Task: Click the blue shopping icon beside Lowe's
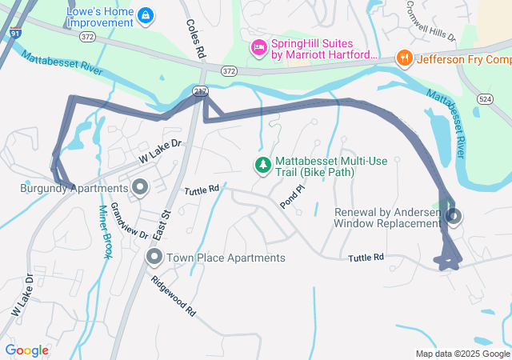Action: coord(145,15)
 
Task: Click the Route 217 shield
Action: coord(199,92)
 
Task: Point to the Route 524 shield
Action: coord(485,98)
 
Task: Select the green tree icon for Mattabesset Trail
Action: coord(262,166)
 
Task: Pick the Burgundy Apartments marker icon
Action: coord(141,189)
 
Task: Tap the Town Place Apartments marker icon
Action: coord(154,258)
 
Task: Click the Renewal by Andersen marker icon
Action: coord(454,216)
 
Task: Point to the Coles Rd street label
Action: coord(194,39)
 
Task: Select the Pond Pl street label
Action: coord(293,197)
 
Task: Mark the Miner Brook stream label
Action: coord(104,232)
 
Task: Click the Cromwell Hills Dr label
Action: coord(430,26)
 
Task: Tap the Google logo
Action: coord(26,350)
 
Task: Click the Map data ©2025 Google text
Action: coord(462,354)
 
